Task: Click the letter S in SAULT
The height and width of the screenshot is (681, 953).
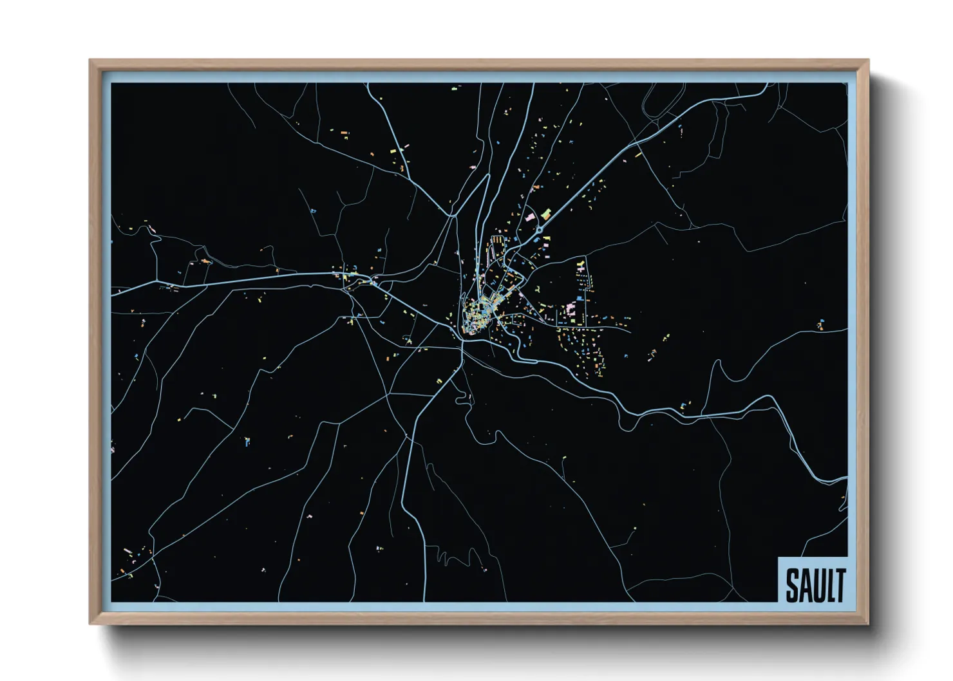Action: coord(791,585)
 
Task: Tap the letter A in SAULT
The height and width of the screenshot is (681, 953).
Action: coord(804,585)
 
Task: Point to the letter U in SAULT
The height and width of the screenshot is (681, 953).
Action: coord(818,585)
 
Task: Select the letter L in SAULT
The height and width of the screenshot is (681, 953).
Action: coord(829,585)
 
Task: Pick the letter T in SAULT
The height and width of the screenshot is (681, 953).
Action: coord(840,585)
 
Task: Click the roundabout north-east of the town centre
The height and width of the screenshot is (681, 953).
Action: coord(540,229)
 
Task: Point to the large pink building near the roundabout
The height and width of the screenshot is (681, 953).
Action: coord(530,218)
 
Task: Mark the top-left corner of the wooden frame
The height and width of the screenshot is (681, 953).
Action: coord(90,61)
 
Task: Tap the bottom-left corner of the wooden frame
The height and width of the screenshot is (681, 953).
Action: coord(90,623)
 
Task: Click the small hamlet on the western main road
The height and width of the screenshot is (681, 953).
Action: coord(351,277)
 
